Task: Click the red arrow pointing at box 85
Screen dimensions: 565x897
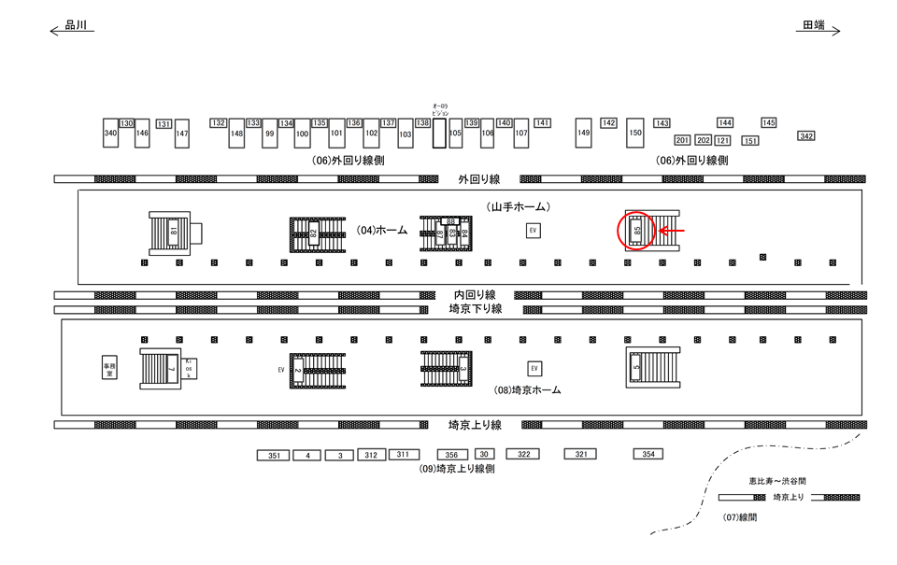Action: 673,230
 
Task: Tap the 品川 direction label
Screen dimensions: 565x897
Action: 76,26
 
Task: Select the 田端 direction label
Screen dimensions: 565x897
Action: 814,26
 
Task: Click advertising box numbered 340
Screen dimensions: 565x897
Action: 110,134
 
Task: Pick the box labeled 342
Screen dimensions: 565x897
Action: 806,136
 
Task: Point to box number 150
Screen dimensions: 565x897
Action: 635,134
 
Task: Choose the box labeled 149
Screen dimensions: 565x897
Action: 584,134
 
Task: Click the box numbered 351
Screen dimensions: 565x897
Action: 274,456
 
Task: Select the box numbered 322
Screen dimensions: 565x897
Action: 523,454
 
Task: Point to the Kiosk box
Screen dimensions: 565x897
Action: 189,368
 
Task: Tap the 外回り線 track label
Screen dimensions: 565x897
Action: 479,177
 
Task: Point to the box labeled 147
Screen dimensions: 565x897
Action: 182,134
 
